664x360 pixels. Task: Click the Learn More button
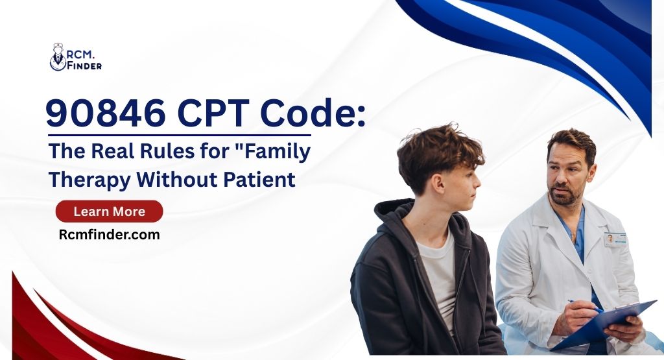click(109, 211)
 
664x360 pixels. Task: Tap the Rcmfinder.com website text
click(109, 235)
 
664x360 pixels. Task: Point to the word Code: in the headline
click(311, 115)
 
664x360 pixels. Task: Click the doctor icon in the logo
click(58, 57)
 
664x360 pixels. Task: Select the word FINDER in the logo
click(84, 66)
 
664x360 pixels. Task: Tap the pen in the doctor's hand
click(584, 305)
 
